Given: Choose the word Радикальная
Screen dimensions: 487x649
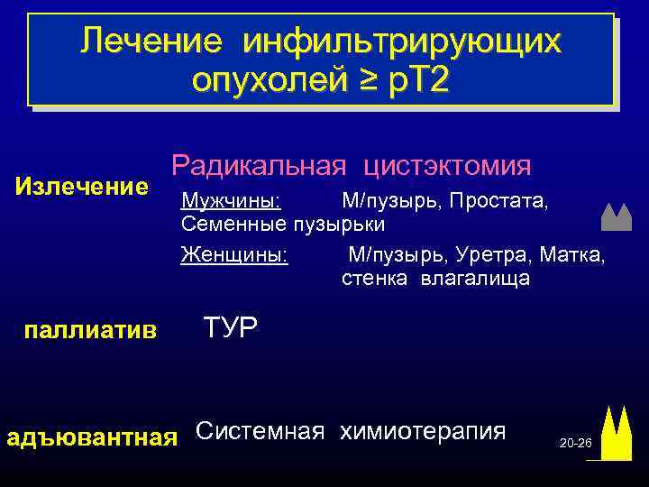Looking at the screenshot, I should click(259, 165).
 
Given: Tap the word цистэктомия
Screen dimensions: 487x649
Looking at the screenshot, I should click(447, 165).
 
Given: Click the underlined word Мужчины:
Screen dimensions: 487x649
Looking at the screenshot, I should click(231, 199).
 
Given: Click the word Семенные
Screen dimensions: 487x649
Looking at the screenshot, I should click(231, 222).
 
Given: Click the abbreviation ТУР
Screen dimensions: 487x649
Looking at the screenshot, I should click(231, 326).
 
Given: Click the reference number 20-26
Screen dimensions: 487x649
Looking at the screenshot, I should click(575, 445).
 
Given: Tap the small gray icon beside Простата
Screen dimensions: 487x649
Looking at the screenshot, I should click(617, 216).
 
